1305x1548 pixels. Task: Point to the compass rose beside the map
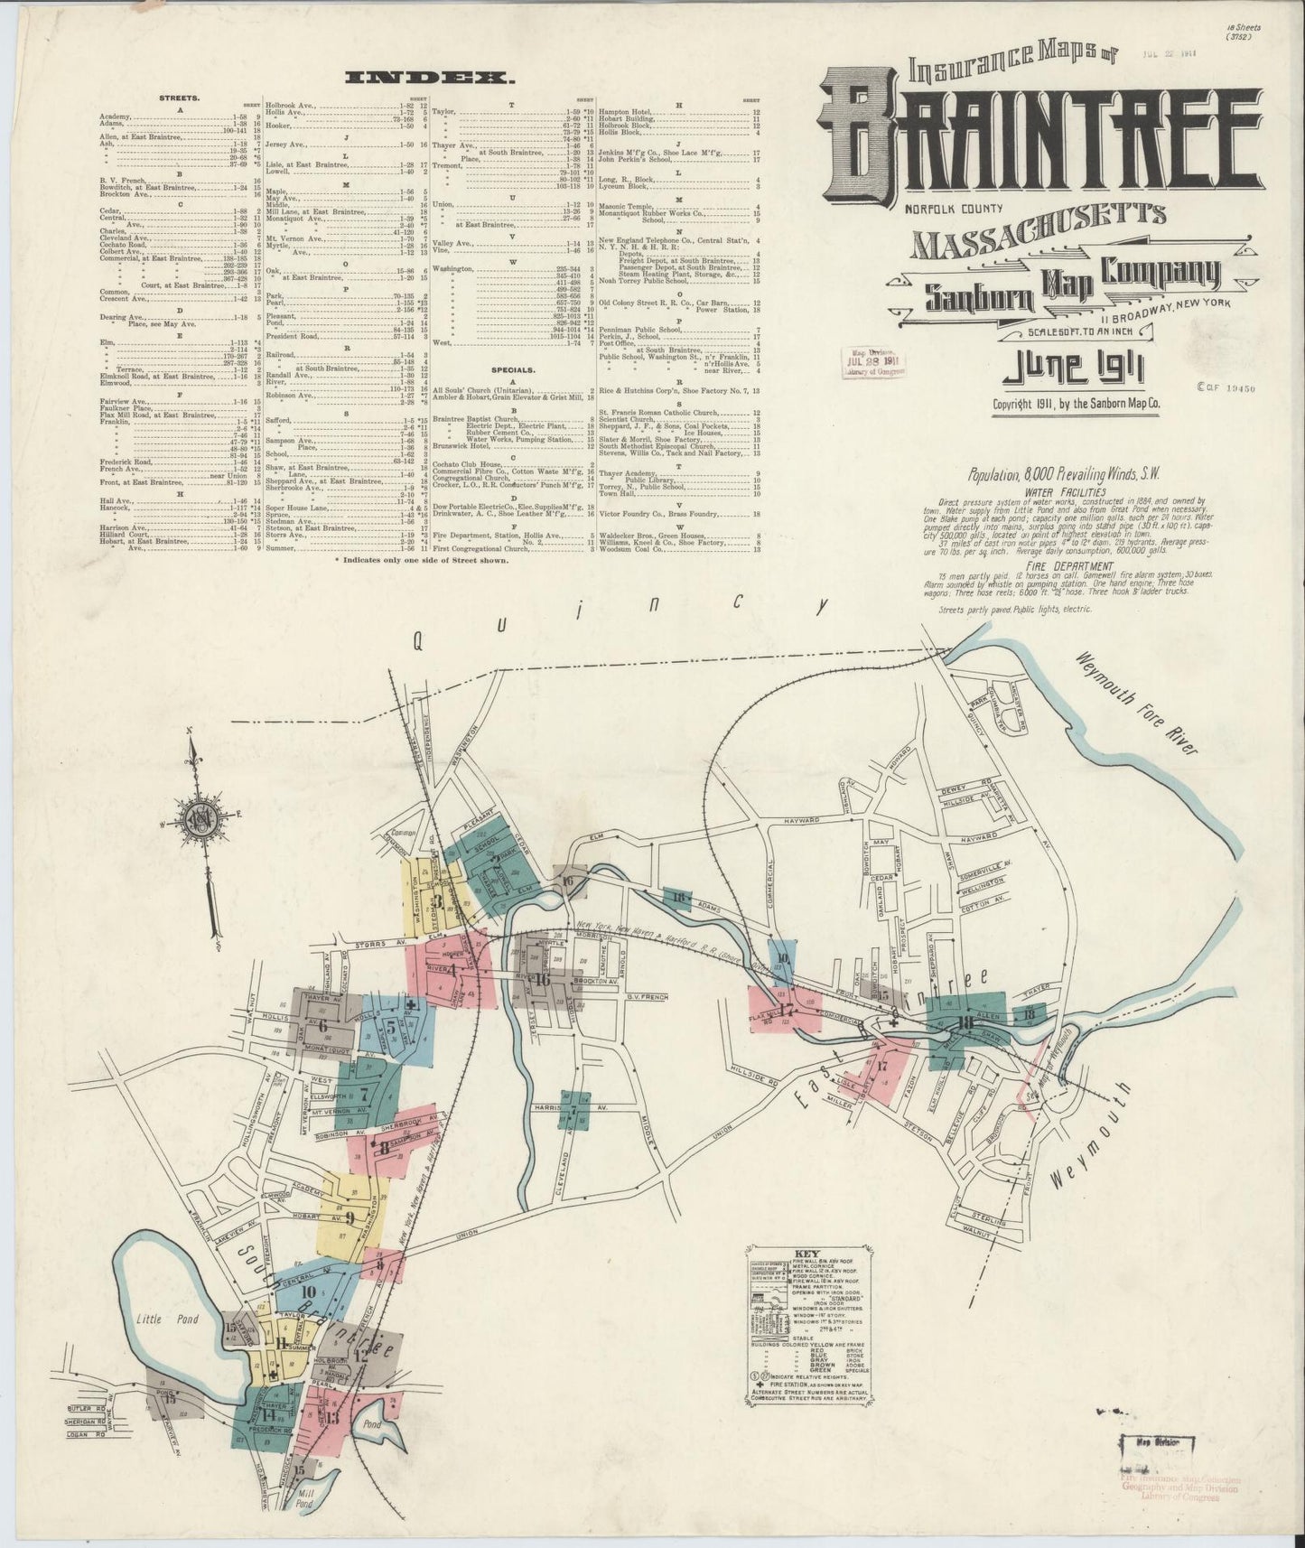(x=198, y=820)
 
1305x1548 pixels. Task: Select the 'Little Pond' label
(x=161, y=1319)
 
